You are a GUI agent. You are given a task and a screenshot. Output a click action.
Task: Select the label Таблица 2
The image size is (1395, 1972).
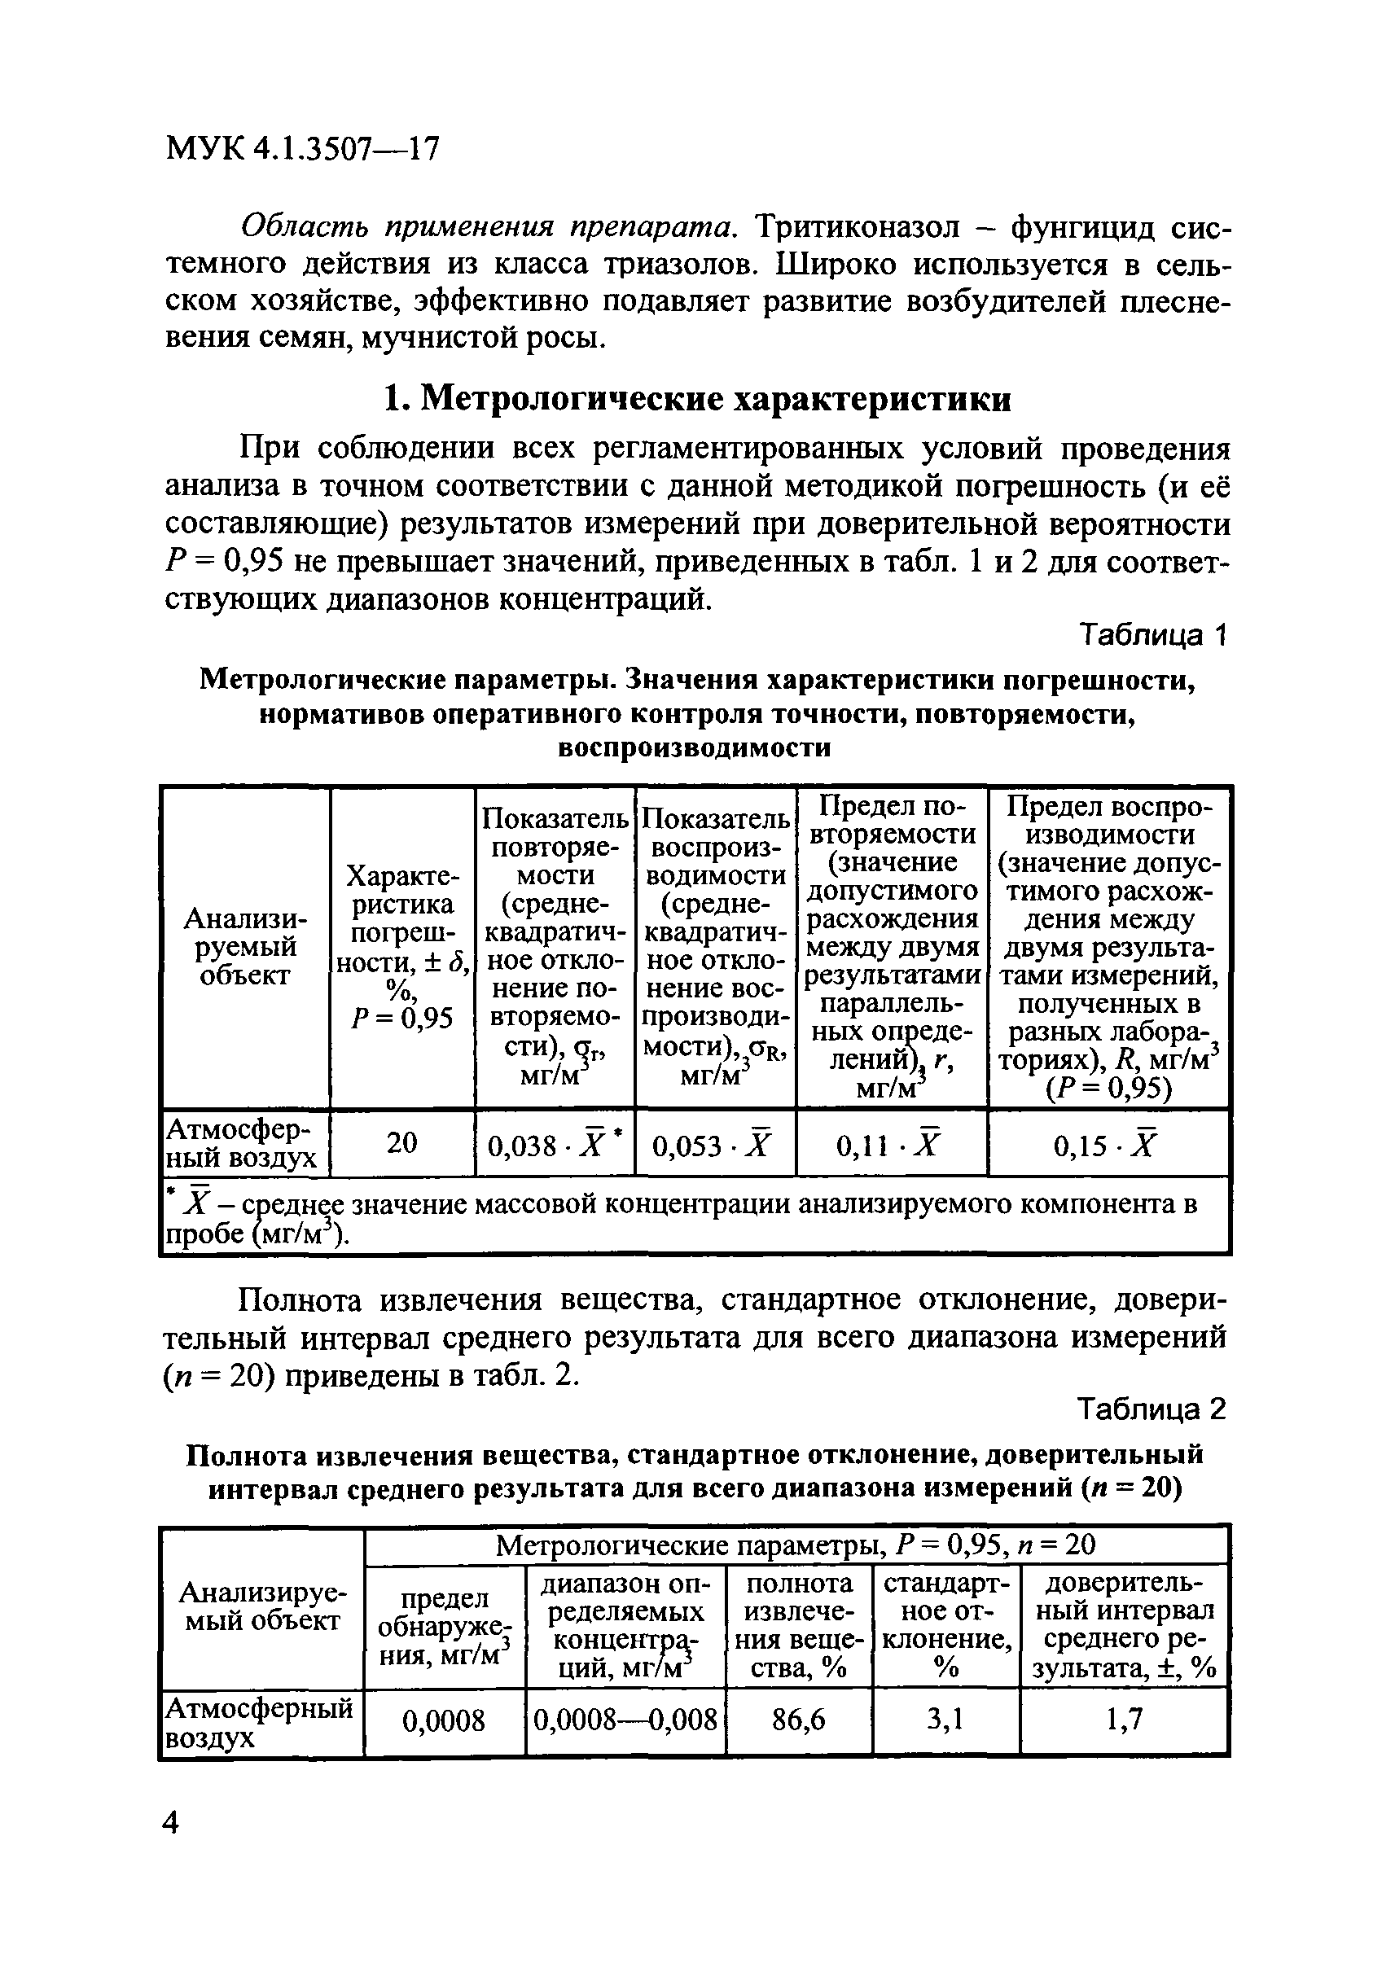tap(1152, 1409)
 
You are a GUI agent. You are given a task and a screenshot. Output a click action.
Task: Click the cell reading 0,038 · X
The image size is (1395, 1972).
tap(555, 1145)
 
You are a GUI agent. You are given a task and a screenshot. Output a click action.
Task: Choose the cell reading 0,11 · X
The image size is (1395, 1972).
tap(890, 1145)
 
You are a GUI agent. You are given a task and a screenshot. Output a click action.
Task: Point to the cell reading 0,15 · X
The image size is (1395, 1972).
tap(1108, 1145)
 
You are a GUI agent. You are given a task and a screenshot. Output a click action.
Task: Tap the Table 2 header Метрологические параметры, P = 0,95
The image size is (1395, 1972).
tap(796, 1546)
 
